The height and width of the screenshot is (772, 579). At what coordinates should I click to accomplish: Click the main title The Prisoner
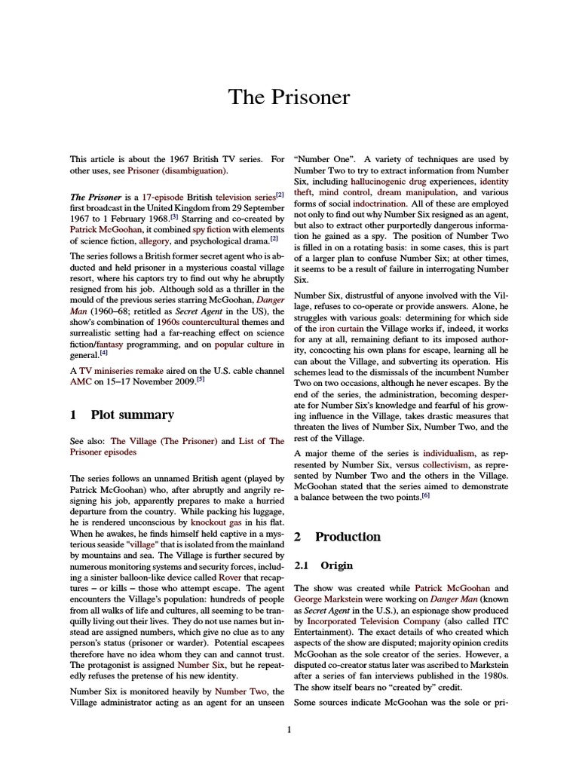(x=289, y=97)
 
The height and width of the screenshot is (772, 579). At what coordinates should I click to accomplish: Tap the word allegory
(x=155, y=240)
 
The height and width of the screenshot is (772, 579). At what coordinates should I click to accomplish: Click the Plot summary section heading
(x=132, y=415)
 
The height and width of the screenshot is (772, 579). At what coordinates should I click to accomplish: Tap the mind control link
(x=344, y=193)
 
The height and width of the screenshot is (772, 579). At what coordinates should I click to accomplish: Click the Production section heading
(x=348, y=537)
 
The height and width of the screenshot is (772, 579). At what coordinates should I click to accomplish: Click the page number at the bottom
(x=289, y=729)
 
